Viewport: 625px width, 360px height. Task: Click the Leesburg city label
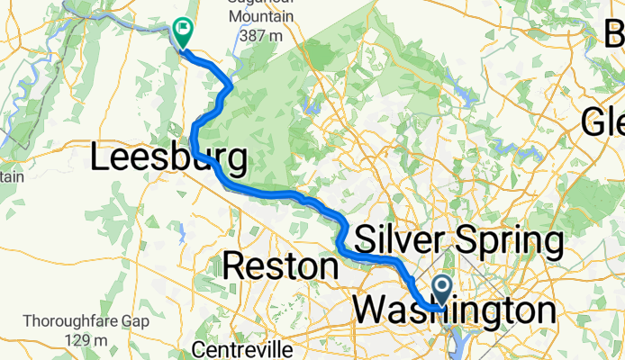click(169, 159)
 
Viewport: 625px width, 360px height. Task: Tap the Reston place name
click(280, 265)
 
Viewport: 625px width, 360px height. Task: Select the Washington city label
click(454, 311)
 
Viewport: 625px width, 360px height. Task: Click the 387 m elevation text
click(263, 37)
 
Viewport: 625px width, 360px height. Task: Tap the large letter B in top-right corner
click(614, 34)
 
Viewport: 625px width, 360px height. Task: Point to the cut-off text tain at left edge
click(11, 176)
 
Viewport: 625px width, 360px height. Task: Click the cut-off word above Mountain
click(261, 4)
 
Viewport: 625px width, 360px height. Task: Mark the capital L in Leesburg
click(102, 159)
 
